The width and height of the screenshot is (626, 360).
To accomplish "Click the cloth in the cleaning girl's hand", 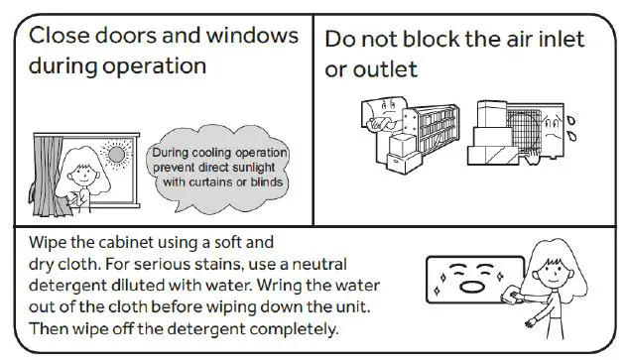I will (x=512, y=294).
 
